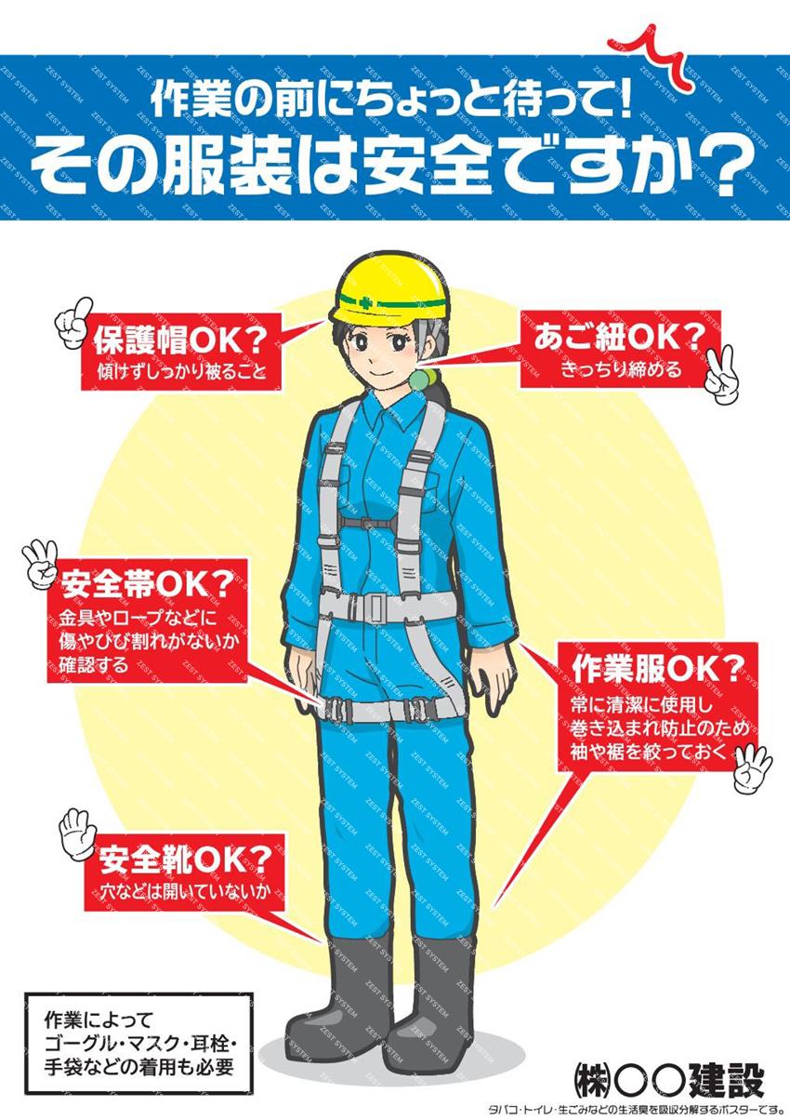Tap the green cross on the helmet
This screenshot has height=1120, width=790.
[364, 301]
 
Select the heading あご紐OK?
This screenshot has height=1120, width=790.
[619, 338]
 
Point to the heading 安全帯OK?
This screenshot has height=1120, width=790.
[147, 584]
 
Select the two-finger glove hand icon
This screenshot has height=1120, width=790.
[720, 375]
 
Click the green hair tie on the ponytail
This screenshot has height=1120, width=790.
[422, 378]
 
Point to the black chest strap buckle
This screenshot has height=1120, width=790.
[369, 524]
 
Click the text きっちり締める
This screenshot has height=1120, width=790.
[620, 370]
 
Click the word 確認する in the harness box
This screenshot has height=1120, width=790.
[94, 665]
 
